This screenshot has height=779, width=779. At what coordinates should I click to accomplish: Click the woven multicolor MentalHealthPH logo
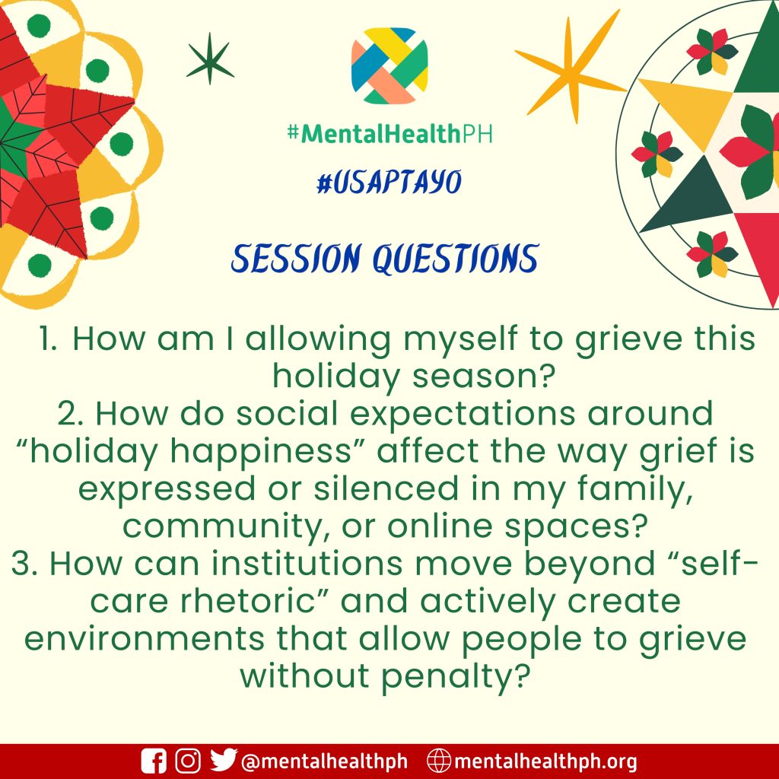[389, 65]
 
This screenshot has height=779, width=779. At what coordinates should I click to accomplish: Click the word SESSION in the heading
[295, 259]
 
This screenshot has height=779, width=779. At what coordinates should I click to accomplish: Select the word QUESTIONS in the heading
[456, 259]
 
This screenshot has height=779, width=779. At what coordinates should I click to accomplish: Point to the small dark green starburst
[210, 59]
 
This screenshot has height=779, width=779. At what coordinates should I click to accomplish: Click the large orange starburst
[571, 67]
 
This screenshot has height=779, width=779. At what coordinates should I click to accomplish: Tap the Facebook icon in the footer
[154, 761]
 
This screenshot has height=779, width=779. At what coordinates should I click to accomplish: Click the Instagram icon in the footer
[189, 761]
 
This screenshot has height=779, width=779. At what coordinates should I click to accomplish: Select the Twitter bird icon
[223, 760]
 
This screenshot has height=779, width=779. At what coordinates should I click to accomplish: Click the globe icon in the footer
[439, 761]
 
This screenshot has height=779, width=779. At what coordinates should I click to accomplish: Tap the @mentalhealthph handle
[324, 761]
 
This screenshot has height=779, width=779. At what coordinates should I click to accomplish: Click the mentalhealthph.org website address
[545, 761]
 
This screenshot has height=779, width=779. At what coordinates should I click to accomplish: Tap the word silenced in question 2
[386, 488]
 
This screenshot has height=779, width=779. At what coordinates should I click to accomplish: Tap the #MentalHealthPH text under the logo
[389, 133]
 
